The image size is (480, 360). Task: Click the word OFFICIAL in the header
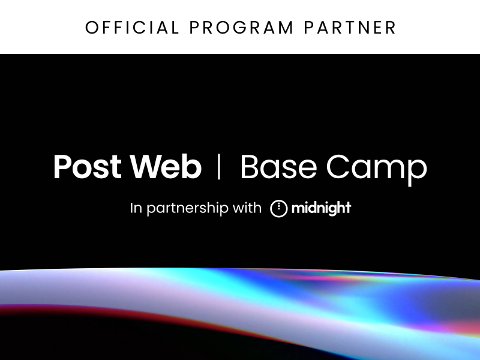point(132,28)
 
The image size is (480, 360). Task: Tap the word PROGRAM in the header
point(242,28)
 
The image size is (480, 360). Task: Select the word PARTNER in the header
point(350,28)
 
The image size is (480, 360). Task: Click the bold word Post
point(88,167)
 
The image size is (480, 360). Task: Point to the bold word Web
point(166,166)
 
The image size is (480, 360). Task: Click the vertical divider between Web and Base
point(218,166)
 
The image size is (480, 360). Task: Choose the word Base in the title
point(278,167)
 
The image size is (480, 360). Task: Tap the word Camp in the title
point(376,169)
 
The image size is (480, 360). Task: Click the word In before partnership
point(136,208)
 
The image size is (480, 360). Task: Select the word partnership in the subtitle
point(187,209)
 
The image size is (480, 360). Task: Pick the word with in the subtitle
point(247,208)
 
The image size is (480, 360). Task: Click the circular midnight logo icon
point(279,208)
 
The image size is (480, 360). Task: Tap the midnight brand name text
point(321,208)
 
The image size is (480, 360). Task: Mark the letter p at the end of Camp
point(417,172)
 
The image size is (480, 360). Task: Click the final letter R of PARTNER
point(391,28)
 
